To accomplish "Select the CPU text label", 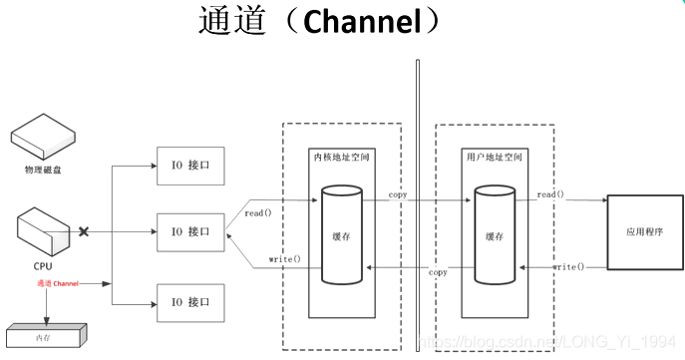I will (43, 266).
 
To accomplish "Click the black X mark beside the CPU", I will (85, 231).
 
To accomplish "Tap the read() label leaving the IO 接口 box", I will (258, 212).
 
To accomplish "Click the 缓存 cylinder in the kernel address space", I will (342, 235).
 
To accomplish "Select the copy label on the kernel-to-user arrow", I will (398, 195).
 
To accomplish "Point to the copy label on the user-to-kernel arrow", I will (438, 271).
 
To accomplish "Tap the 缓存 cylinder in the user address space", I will (495, 235).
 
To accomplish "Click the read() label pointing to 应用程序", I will (549, 193).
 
